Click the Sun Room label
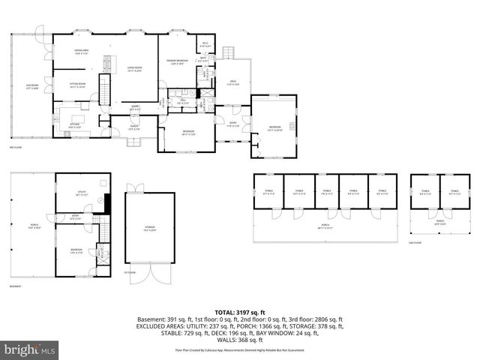(31, 87)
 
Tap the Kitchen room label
(75, 125)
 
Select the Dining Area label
(82, 52)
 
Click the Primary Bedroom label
(175, 62)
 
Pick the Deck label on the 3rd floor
(233, 83)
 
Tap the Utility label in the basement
(82, 193)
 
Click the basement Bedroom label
(76, 250)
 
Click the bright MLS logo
(30, 349)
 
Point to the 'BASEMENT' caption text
(15, 287)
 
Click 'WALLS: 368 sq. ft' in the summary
(239, 340)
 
